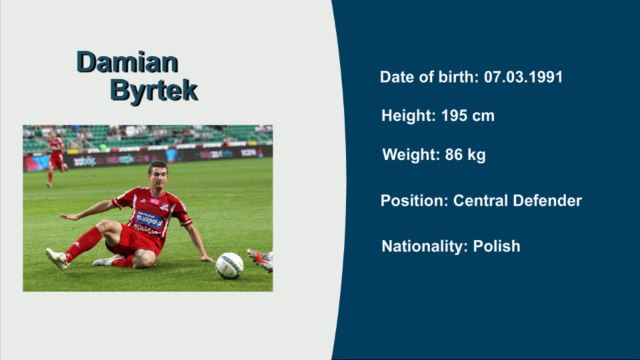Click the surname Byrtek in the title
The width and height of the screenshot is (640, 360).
click(x=153, y=90)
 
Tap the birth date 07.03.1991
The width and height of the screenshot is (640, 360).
click(x=525, y=77)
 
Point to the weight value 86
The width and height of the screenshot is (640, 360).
click(x=448, y=155)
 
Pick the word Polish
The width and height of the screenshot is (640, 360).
click(x=496, y=246)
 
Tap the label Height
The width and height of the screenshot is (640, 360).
click(x=407, y=116)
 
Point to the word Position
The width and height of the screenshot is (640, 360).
click(x=414, y=201)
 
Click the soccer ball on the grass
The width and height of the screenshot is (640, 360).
click(x=229, y=265)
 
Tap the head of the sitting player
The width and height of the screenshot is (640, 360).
click(x=157, y=174)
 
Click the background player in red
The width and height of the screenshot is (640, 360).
click(x=55, y=158)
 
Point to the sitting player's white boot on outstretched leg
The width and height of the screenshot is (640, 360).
click(x=56, y=258)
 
